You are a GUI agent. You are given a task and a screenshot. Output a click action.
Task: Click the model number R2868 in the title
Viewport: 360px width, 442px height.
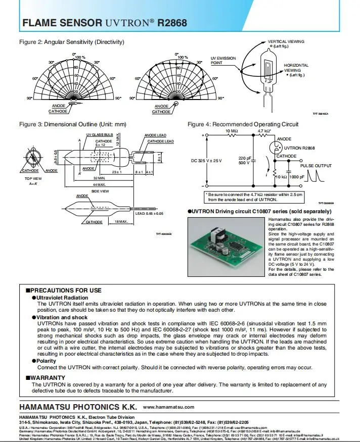tap(172, 23)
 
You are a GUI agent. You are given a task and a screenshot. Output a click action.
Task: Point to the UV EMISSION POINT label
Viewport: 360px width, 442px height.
tap(223, 61)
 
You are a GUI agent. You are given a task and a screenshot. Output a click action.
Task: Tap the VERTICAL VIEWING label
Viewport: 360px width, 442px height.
tap(286, 41)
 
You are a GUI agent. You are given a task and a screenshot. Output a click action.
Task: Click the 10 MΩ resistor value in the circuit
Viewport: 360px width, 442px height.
tap(232, 131)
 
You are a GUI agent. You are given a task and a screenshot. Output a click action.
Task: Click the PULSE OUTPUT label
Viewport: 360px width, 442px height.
tap(316, 166)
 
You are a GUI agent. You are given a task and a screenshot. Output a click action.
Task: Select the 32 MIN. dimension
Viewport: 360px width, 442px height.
tap(99, 178)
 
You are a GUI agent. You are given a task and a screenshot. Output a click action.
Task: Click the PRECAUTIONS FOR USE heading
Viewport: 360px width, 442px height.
tap(66, 290)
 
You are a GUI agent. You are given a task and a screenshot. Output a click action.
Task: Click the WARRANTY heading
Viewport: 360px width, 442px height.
tap(48, 377)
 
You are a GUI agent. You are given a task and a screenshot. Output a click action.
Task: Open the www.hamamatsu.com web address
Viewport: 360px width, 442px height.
tap(169, 407)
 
